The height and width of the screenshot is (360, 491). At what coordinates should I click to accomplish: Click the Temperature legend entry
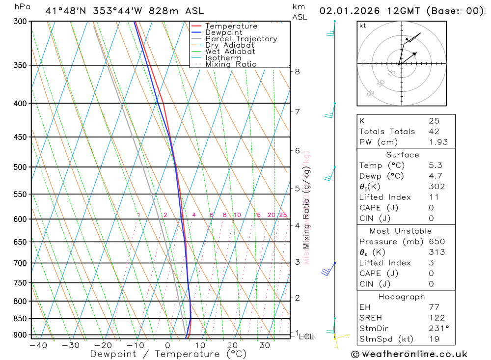click(231, 26)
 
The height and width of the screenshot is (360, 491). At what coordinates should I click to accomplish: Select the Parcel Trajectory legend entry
click(241, 39)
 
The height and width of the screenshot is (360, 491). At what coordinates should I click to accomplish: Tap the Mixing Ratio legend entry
click(231, 64)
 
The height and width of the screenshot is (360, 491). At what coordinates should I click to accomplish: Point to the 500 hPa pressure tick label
click(20, 167)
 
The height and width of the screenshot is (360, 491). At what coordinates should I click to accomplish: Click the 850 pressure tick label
click(20, 318)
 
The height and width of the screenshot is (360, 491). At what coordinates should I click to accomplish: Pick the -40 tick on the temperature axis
click(38, 345)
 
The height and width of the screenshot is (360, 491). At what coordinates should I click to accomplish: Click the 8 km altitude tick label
click(297, 72)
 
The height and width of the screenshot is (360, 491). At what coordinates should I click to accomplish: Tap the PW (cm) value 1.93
click(438, 142)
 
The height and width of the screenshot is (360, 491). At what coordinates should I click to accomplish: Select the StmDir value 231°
click(438, 329)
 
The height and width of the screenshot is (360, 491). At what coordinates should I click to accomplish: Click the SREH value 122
click(437, 318)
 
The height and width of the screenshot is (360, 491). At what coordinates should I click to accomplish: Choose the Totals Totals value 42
click(434, 131)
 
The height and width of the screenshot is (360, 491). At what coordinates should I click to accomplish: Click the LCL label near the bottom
click(306, 337)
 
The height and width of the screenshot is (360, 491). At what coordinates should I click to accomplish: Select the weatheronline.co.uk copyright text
click(409, 354)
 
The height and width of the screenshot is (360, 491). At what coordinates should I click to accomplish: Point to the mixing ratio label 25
click(283, 215)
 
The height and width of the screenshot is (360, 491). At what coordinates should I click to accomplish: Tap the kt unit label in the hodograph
click(362, 26)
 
